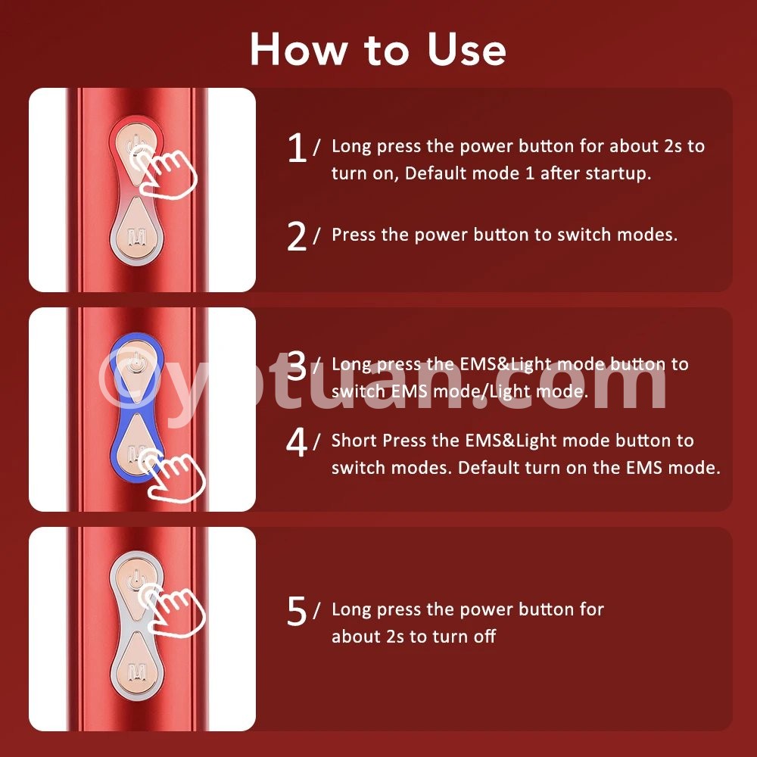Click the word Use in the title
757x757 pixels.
[x=466, y=49]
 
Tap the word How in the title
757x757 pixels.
[x=299, y=49]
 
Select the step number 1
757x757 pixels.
[x=297, y=148]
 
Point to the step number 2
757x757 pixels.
[x=297, y=236]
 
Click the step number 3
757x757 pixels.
[x=297, y=366]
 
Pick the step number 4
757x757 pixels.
[x=297, y=442]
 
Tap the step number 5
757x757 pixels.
[x=297, y=611]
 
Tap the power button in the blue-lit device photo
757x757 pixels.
[x=136, y=368]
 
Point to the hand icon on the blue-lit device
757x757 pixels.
[x=171, y=475]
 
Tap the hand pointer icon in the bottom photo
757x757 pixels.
[x=171, y=609]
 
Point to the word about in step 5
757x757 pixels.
[x=357, y=637]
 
